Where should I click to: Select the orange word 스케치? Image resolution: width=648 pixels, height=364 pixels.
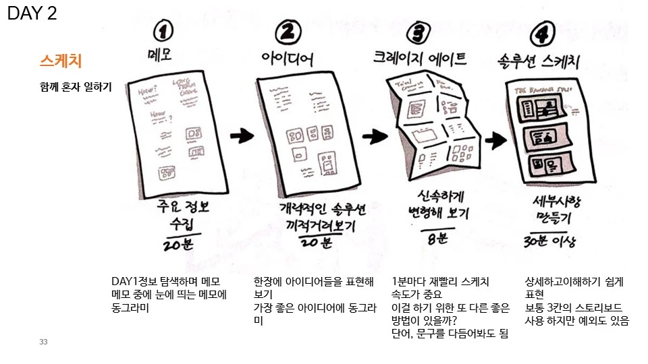[61, 61]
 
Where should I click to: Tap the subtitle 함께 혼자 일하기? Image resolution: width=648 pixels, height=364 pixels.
[76, 87]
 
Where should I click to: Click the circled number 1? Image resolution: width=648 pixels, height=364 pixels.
[163, 31]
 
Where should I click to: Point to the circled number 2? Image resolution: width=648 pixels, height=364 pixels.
[288, 31]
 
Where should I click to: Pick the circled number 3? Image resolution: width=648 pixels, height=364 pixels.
[419, 31]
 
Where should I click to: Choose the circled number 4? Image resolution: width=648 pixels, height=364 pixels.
[543, 31]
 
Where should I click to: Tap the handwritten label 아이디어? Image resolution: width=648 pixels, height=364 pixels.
[288, 59]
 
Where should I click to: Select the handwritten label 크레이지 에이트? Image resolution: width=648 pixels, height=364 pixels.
[420, 59]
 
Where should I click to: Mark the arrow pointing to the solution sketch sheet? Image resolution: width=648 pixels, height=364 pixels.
[496, 140]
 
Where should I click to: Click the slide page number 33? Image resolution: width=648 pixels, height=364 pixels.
[43, 342]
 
